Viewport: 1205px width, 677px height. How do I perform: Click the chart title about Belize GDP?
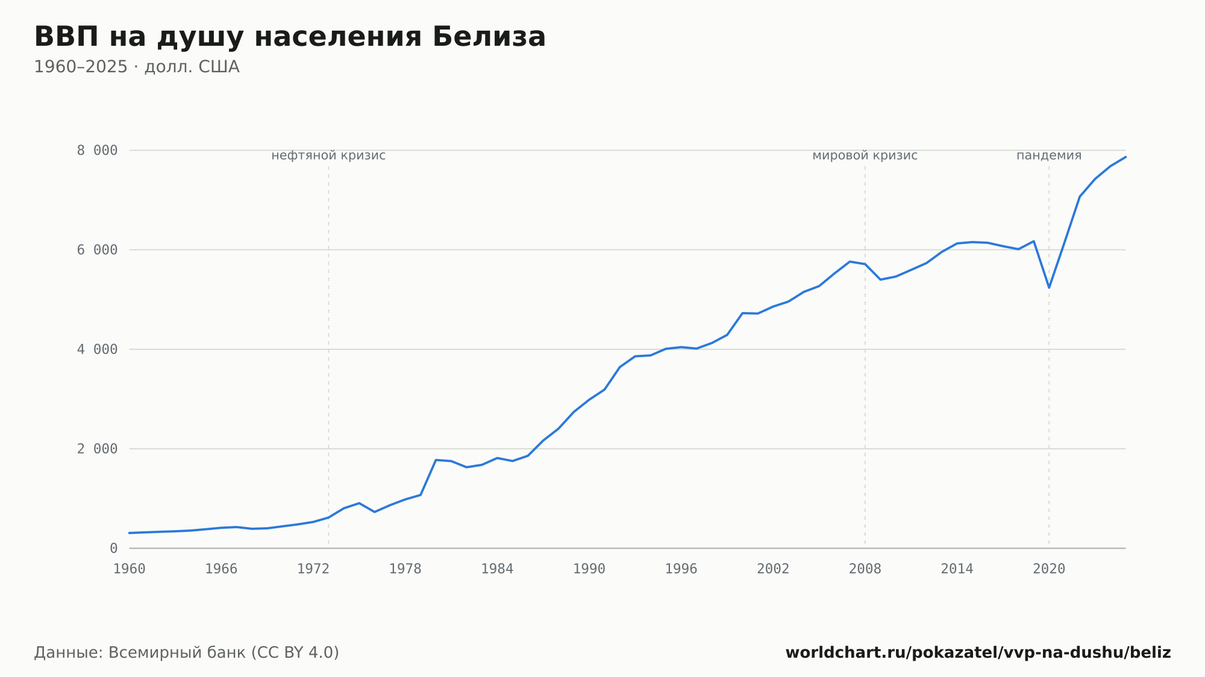click(x=290, y=37)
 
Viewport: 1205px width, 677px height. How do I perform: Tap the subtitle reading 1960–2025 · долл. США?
click(x=137, y=67)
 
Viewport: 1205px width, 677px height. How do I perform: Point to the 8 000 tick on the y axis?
click(x=97, y=151)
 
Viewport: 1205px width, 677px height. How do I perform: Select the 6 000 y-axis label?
click(x=97, y=250)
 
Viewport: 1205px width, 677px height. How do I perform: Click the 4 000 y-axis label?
click(x=97, y=349)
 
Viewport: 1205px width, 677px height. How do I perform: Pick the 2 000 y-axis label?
click(x=97, y=449)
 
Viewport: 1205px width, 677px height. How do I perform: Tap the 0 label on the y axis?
click(x=114, y=548)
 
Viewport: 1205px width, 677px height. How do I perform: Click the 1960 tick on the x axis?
click(x=130, y=569)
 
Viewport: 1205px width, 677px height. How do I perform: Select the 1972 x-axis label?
click(x=313, y=569)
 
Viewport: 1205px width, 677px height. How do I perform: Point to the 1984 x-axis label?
click(x=497, y=569)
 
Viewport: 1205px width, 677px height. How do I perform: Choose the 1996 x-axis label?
click(x=681, y=569)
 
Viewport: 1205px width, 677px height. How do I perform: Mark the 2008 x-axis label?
click(x=865, y=569)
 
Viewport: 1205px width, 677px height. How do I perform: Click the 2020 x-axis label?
click(x=1049, y=569)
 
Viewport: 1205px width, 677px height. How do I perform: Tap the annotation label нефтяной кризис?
click(x=328, y=155)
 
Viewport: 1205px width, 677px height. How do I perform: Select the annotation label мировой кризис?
click(x=865, y=155)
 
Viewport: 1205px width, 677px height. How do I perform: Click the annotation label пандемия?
click(x=1049, y=155)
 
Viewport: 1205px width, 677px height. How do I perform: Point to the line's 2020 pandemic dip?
click(x=1049, y=287)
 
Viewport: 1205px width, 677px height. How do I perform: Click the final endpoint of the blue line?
click(x=1125, y=157)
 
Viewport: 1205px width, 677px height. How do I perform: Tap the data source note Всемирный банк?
click(x=187, y=653)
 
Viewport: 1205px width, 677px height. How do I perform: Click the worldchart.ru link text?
click(x=978, y=653)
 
